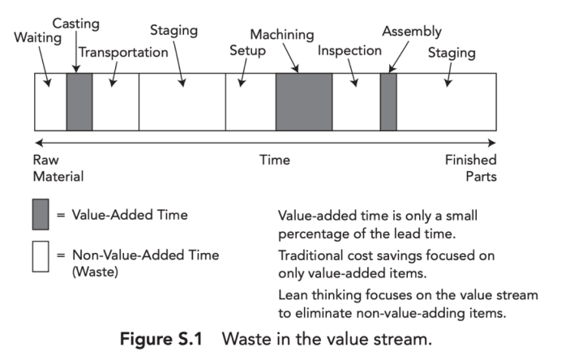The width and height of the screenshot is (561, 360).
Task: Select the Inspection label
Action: pos(349,50)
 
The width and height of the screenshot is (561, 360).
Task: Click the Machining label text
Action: pos(282,35)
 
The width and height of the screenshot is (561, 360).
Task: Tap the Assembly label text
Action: pos(412,32)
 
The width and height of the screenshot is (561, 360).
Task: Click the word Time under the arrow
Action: pos(274,160)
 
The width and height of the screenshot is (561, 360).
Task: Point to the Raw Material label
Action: pos(58,167)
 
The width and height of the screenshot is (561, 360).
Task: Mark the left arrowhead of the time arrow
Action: pos(38,144)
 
